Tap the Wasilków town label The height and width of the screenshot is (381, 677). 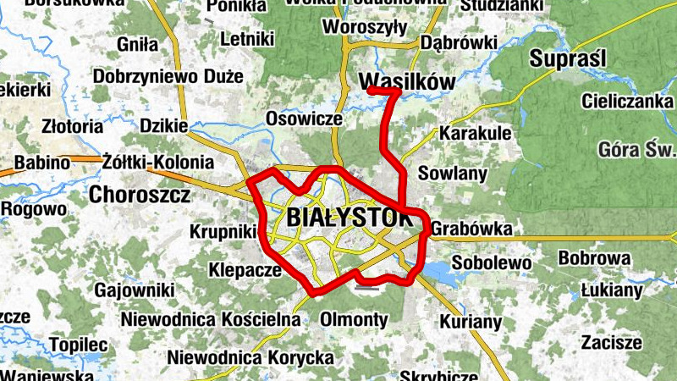[408, 81]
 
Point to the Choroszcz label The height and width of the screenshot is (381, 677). [140, 195]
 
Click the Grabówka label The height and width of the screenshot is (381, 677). [471, 229]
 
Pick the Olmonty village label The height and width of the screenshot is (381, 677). [354, 320]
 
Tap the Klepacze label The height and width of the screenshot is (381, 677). [244, 271]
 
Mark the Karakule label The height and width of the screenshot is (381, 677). [475, 134]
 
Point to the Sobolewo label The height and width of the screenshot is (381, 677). [491, 262]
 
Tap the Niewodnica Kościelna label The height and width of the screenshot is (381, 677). [211, 319]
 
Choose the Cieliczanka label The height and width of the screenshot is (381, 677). [626, 101]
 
